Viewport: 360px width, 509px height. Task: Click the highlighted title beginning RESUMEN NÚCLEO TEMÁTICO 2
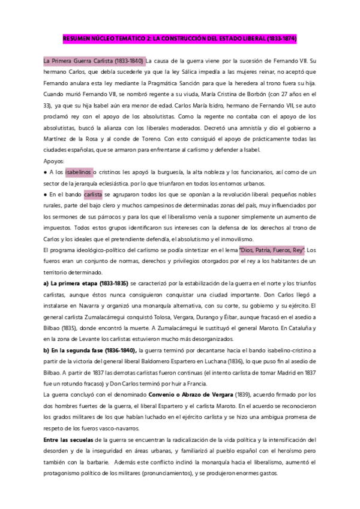pos(180,38)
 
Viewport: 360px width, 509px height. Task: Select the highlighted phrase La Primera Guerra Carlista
pos(93,61)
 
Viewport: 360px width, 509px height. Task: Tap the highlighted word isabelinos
pos(79,172)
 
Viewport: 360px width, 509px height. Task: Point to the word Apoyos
pos(55,161)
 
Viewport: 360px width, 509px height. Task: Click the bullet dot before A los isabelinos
pos(45,172)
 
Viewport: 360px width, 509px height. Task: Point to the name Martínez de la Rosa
pos(71,139)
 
